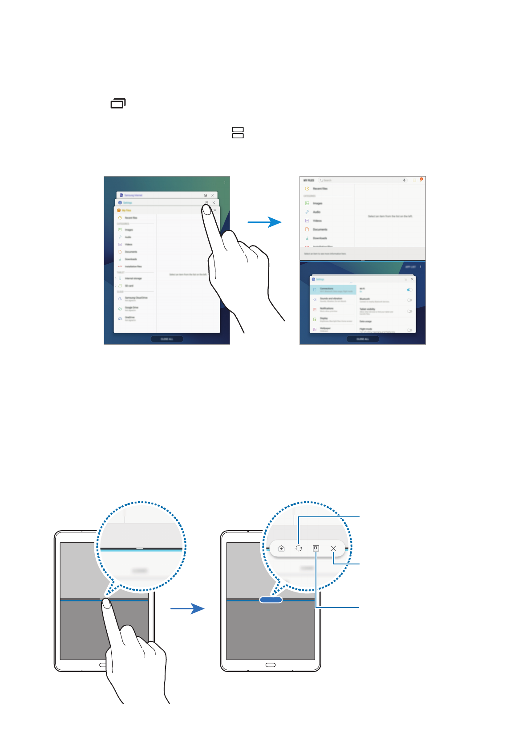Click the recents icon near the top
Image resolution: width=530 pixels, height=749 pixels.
(x=118, y=104)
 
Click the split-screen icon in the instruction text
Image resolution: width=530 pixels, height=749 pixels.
(x=238, y=133)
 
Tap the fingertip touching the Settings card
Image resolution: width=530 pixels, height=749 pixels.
(x=206, y=209)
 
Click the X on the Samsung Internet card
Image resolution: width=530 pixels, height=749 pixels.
(x=213, y=195)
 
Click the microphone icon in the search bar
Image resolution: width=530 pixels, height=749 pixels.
(x=404, y=180)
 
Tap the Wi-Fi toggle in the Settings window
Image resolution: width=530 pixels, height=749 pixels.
(x=409, y=290)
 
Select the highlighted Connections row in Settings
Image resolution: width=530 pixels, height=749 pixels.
(x=333, y=290)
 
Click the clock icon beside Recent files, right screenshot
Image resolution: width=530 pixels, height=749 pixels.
(x=307, y=189)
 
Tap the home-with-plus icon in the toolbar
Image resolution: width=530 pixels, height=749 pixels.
(x=281, y=548)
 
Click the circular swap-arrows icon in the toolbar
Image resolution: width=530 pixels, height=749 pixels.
(x=299, y=548)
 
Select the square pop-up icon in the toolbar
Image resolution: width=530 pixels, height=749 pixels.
(x=316, y=548)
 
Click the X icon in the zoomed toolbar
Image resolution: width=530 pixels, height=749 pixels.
(x=333, y=548)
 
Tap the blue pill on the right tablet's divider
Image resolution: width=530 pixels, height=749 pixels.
(x=271, y=600)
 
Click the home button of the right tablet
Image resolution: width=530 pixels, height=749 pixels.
(x=271, y=665)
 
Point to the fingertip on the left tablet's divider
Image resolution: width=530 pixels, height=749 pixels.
(x=106, y=603)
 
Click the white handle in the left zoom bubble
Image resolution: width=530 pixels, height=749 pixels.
(x=140, y=549)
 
